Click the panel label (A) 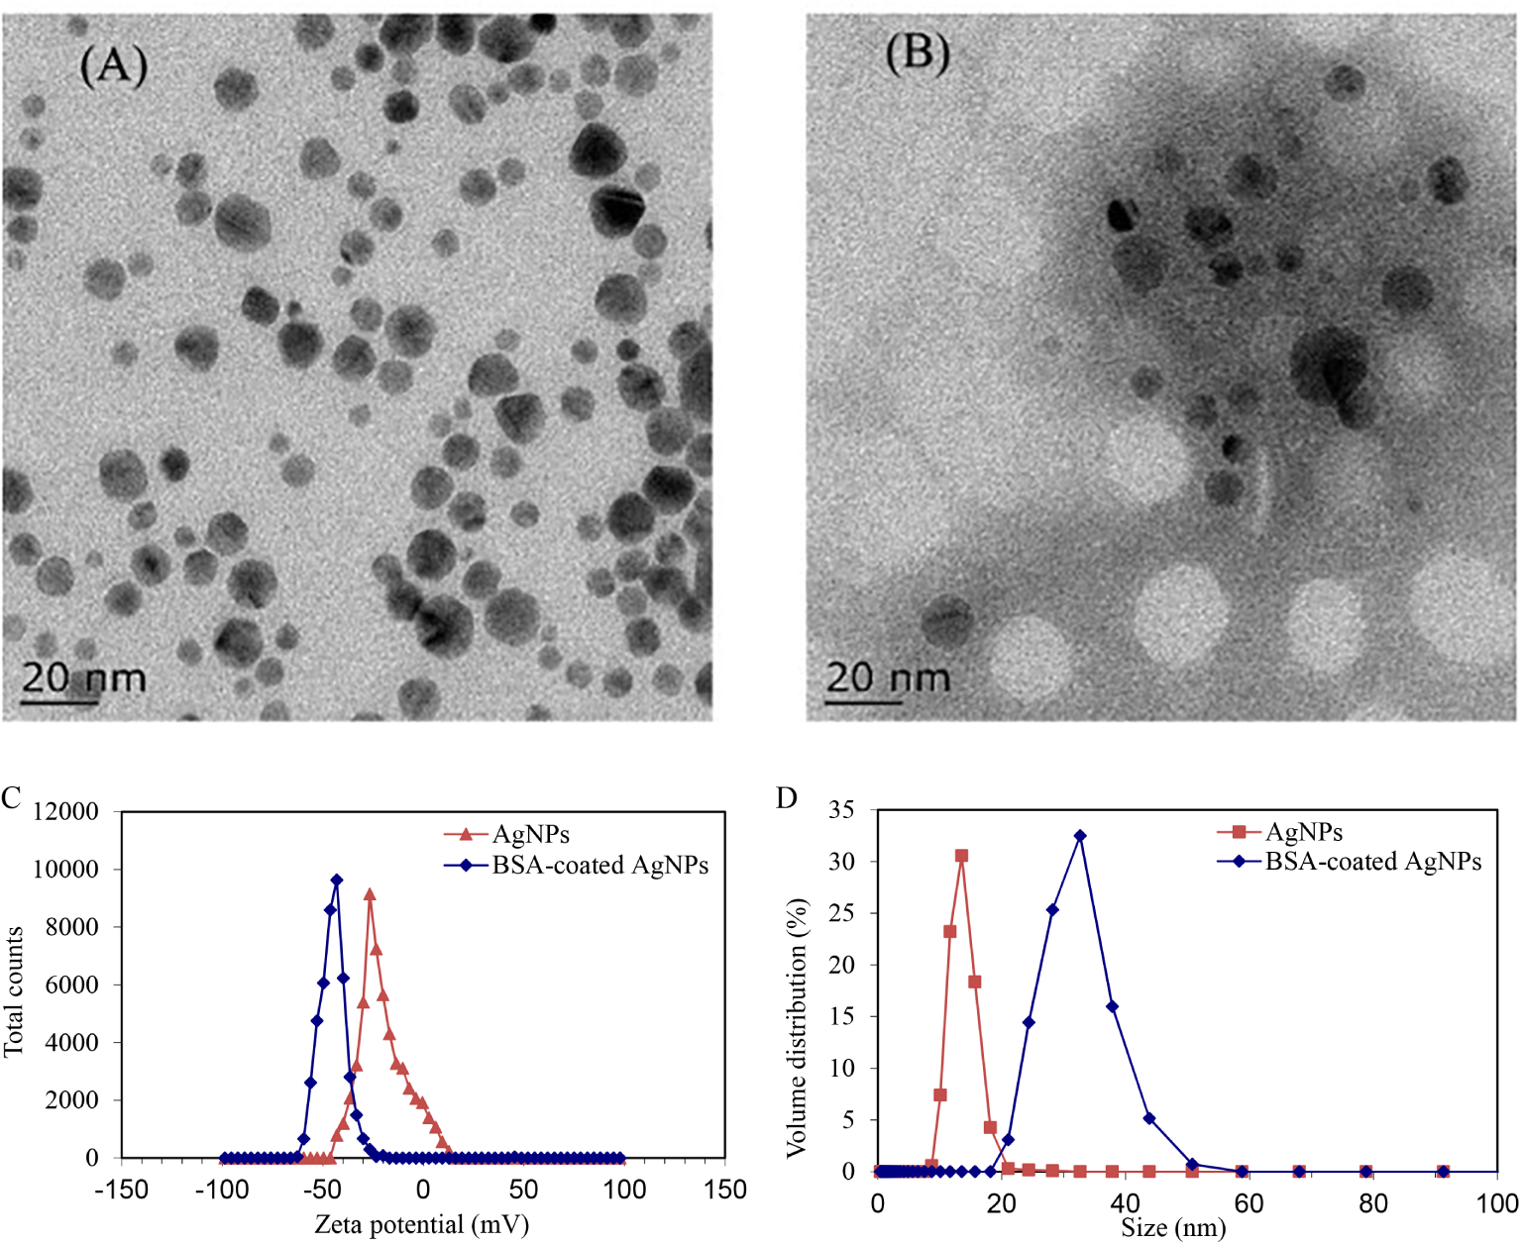tap(113, 65)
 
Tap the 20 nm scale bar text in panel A tap(83, 677)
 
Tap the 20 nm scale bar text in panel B tap(888, 677)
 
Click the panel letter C tap(11, 798)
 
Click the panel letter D tap(787, 798)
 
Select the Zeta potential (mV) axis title tap(421, 1225)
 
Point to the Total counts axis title tap(14, 991)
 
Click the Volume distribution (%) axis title tap(797, 1028)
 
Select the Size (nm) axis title tap(1173, 1229)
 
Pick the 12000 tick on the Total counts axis tap(66, 812)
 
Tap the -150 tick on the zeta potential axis tap(121, 1190)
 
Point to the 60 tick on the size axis tap(1249, 1203)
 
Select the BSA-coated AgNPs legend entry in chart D tap(1372, 862)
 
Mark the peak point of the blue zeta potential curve tap(337, 880)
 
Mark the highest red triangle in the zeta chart tap(370, 894)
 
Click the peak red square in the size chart tap(961, 856)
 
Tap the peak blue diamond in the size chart tap(1080, 836)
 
